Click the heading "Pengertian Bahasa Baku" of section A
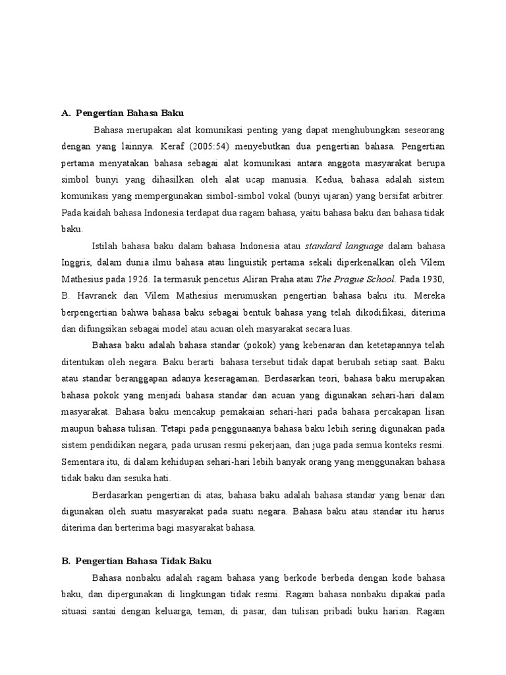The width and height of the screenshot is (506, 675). (x=132, y=113)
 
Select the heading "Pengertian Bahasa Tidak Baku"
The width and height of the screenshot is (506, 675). (x=143, y=561)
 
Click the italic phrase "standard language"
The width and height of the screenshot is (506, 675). (x=343, y=246)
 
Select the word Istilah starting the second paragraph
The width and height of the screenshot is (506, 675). (x=106, y=246)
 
